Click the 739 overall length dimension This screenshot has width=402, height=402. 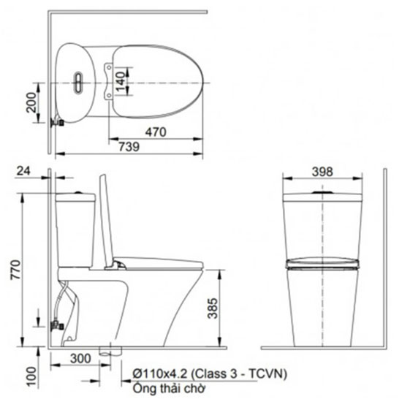[x=129, y=147]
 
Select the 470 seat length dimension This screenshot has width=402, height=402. [x=156, y=132]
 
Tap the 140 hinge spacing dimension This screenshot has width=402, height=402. [x=120, y=81]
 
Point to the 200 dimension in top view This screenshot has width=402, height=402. [x=31, y=102]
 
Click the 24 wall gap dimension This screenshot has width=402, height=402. [x=23, y=171]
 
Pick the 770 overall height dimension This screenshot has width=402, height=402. [x=15, y=270]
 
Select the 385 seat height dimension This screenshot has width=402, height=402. [x=213, y=308]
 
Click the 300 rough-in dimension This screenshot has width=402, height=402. [x=80, y=358]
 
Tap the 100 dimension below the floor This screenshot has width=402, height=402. [x=31, y=376]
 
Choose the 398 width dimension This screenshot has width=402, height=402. [x=322, y=172]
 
